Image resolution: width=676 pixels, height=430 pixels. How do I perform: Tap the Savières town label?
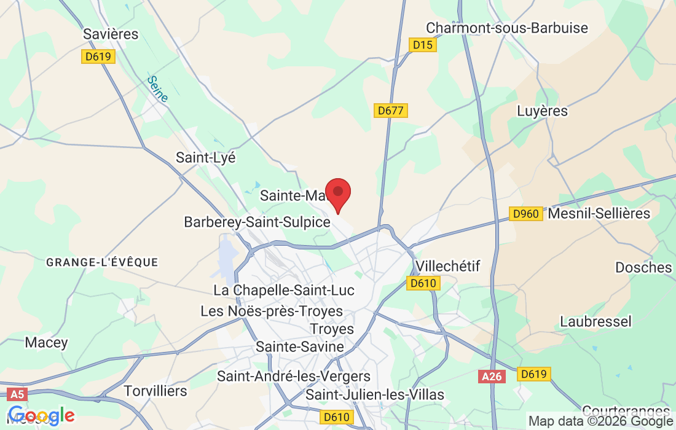coord(111,34)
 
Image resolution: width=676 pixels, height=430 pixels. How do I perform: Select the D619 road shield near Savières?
coord(98,57)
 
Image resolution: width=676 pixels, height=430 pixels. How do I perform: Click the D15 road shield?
coord(422,45)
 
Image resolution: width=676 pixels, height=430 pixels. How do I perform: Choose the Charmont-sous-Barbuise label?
coord(507,28)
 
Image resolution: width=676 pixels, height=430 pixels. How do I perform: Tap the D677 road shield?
coord(391,111)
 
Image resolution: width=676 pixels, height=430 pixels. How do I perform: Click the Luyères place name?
coord(542,111)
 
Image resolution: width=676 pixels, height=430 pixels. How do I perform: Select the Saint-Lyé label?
coord(206,157)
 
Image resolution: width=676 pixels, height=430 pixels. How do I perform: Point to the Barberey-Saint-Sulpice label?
coord(257,222)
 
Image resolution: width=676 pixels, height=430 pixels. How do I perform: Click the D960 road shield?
coord(525,214)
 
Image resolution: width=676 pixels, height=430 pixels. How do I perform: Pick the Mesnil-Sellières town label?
coord(599,213)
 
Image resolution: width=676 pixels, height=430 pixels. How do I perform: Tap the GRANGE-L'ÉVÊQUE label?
coord(103,262)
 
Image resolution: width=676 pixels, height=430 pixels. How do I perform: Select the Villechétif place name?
coord(448,266)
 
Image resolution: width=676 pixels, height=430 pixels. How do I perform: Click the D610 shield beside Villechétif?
coord(423,283)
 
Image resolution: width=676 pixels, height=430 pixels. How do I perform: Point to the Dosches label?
coord(643,267)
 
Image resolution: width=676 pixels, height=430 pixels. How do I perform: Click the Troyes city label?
coord(332,329)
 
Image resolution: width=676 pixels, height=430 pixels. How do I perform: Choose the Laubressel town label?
coord(595,321)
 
